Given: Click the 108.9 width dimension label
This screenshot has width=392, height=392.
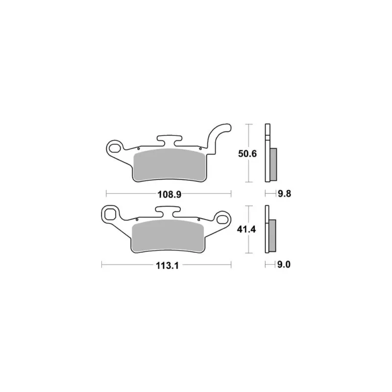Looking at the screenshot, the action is coord(169,194).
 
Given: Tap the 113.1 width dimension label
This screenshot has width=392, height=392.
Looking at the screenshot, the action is coord(167,266).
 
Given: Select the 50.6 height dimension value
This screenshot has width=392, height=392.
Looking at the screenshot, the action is coord(247,153).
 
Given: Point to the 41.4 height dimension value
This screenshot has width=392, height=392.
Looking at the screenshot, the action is coord(246,229).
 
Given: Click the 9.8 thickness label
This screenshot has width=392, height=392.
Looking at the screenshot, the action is coord(285,194).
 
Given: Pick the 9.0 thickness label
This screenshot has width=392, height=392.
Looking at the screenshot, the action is coord(284,265).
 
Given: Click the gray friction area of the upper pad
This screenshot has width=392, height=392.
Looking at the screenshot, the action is coord(170,165).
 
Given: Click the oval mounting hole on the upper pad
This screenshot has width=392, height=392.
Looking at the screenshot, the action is coord(115,148).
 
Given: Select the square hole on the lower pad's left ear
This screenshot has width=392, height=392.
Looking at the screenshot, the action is coord(110,214).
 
